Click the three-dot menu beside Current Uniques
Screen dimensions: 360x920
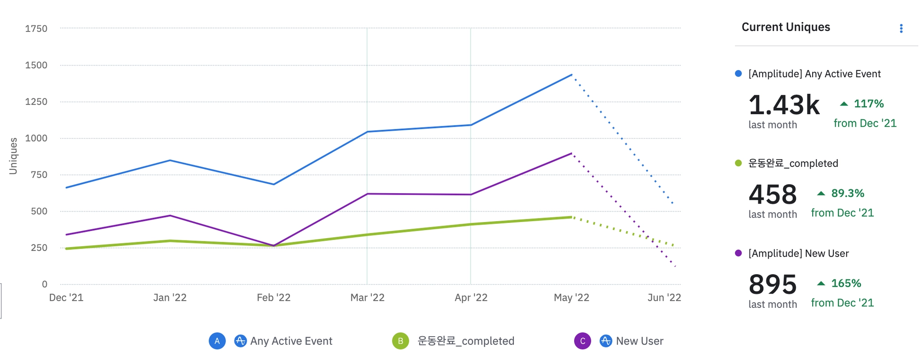click(901, 29)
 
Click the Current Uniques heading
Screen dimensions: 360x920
click(785, 27)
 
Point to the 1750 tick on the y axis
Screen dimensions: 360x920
click(36, 29)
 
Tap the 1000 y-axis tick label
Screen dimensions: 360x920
click(36, 138)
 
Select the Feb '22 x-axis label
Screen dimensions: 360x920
click(274, 298)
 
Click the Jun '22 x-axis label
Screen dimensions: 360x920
click(664, 298)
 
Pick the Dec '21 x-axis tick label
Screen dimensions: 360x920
click(66, 298)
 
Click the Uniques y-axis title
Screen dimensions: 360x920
click(13, 156)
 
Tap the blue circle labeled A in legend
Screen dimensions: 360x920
click(217, 341)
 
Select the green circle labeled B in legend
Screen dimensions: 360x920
click(400, 341)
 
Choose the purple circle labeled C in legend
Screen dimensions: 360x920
click(582, 341)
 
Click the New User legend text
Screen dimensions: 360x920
click(639, 341)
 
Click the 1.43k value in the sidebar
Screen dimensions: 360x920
click(784, 105)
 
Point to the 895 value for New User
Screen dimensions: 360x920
click(773, 284)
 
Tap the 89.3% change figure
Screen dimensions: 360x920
click(847, 193)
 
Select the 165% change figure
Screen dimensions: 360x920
click(846, 283)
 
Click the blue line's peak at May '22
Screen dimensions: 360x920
click(571, 75)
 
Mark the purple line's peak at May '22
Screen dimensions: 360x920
click(571, 153)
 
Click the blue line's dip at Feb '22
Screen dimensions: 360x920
click(274, 184)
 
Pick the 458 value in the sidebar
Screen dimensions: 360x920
click(773, 195)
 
